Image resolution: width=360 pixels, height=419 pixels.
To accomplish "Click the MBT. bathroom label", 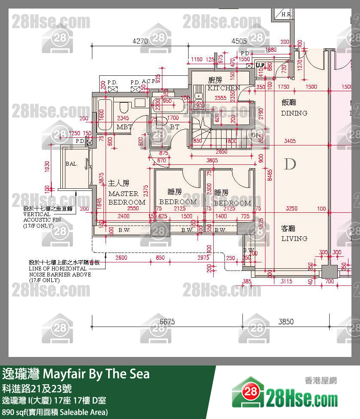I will (x=125, y=127).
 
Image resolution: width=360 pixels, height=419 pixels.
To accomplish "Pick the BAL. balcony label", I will (x=71, y=164).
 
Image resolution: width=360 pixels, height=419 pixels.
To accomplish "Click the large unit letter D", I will (x=290, y=164).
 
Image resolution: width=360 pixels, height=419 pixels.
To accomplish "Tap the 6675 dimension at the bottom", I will (x=167, y=321).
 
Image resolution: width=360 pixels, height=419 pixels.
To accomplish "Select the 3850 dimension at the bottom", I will (x=286, y=321).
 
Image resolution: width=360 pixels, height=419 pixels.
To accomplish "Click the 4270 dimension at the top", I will (x=140, y=42).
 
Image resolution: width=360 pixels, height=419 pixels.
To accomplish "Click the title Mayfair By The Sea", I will (x=76, y=374).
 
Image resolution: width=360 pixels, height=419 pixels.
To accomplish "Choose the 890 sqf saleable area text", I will (x=55, y=412).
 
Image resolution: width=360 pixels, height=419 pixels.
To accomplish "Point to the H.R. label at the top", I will (x=286, y=15).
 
